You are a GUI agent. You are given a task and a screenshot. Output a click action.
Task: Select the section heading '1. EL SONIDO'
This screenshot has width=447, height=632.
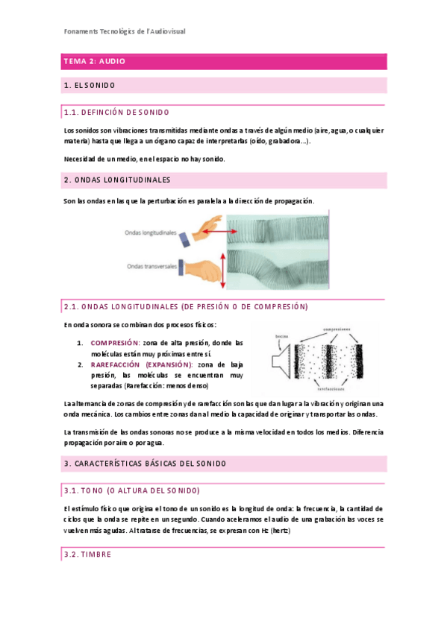[90, 86]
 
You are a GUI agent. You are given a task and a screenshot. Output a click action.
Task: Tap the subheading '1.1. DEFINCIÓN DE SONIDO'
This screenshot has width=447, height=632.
[117, 112]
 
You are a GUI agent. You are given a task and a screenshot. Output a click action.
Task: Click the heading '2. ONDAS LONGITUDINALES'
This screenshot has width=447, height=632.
[118, 180]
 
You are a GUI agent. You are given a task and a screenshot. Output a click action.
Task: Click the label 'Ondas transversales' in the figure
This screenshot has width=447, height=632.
[152, 265]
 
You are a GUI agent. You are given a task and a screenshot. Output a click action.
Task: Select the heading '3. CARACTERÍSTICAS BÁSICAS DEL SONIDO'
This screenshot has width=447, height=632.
[145, 464]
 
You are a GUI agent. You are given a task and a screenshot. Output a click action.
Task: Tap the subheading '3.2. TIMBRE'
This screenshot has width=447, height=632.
[87, 555]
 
